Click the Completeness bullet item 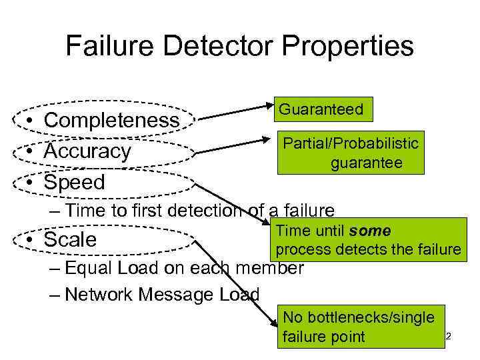click(x=111, y=121)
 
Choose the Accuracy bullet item click(x=87, y=151)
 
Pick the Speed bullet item click(x=75, y=182)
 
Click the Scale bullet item click(x=70, y=239)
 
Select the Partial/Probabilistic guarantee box click(x=351, y=153)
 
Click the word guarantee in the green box click(x=366, y=162)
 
